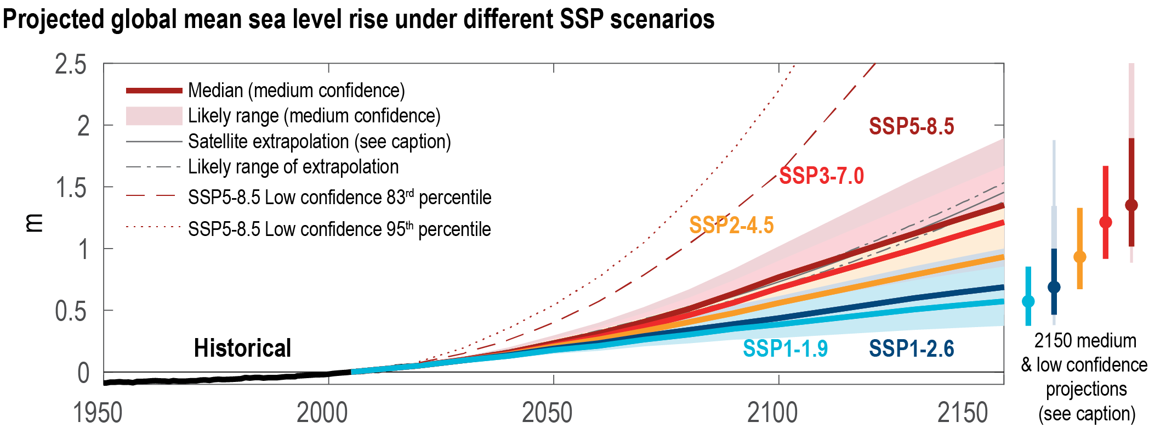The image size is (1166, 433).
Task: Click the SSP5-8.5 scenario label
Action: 911,126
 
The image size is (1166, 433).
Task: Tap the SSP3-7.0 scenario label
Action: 821,176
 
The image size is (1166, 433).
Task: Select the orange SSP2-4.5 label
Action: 731,225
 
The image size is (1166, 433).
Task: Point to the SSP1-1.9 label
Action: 785,348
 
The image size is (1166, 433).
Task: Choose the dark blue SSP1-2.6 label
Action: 911,348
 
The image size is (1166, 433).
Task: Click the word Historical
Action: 242,348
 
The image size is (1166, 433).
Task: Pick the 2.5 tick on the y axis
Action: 71,65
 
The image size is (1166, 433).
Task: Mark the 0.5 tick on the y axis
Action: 71,311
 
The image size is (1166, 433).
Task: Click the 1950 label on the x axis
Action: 98,413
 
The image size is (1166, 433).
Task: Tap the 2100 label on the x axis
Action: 772,413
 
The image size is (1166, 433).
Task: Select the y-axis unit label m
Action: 34,223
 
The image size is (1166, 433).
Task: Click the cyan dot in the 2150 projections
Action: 1028,301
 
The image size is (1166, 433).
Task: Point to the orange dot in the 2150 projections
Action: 1080,257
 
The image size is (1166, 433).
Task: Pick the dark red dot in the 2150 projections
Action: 1131,205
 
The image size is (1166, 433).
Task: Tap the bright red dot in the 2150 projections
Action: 1106,222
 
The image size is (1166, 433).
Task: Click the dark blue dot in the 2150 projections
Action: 1054,287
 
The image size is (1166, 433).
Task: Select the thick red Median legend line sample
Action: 154,91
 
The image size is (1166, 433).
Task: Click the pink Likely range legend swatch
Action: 154,116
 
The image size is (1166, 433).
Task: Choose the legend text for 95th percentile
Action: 339,229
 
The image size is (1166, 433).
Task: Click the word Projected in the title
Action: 53,19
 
